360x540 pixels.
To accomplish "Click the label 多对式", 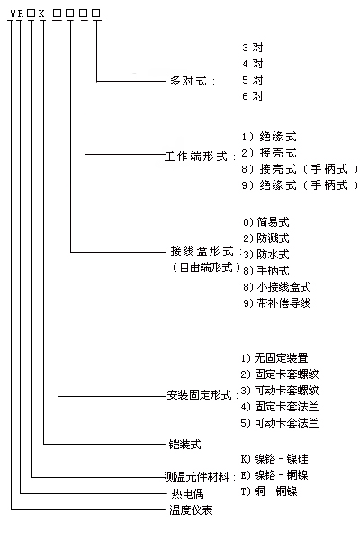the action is point(188,81).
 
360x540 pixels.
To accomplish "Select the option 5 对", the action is point(253,80).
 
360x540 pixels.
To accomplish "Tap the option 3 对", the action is point(253,48).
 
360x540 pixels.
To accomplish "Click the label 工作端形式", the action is point(195,157).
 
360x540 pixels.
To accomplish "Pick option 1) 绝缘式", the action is point(269,137).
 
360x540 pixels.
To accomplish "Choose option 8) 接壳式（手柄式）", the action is point(300,169).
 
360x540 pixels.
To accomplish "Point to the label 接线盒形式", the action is point(202,251).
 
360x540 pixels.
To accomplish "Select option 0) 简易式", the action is point(266,222).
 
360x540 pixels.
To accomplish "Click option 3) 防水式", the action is point(266,255).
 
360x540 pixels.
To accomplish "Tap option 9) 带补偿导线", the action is point(277,303).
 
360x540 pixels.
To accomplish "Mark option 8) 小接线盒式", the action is point(277,287).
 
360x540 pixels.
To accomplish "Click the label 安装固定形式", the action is point(199,395).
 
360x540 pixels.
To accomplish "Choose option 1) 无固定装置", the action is point(274,358).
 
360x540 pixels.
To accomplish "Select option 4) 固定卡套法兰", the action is point(280,407).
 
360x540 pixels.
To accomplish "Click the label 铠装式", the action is point(184,445).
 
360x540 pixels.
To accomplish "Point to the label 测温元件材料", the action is point(196,477).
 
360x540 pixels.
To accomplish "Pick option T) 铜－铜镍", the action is point(269,491).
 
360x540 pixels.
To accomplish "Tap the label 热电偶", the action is point(187,493).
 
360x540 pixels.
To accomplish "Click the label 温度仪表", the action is point(191,509).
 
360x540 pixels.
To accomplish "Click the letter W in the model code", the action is point(13,13).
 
